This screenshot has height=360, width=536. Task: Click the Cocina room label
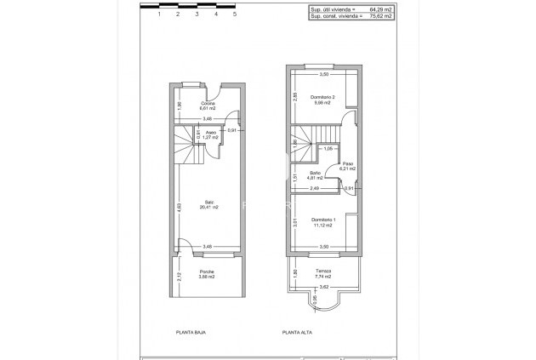click(x=208, y=104)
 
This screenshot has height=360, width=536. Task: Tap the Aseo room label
click(x=210, y=133)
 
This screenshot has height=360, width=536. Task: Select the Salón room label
click(x=209, y=202)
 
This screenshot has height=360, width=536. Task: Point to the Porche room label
click(x=207, y=271)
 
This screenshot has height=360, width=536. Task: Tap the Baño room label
click(x=316, y=173)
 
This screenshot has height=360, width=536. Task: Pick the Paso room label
click(x=347, y=163)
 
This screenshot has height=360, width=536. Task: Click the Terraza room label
click(x=322, y=271)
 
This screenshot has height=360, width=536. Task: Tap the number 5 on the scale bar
click(x=234, y=14)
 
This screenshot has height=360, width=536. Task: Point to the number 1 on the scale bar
click(x=159, y=14)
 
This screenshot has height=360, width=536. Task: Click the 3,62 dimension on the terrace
click(x=323, y=288)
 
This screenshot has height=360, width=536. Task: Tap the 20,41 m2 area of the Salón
click(x=209, y=207)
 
